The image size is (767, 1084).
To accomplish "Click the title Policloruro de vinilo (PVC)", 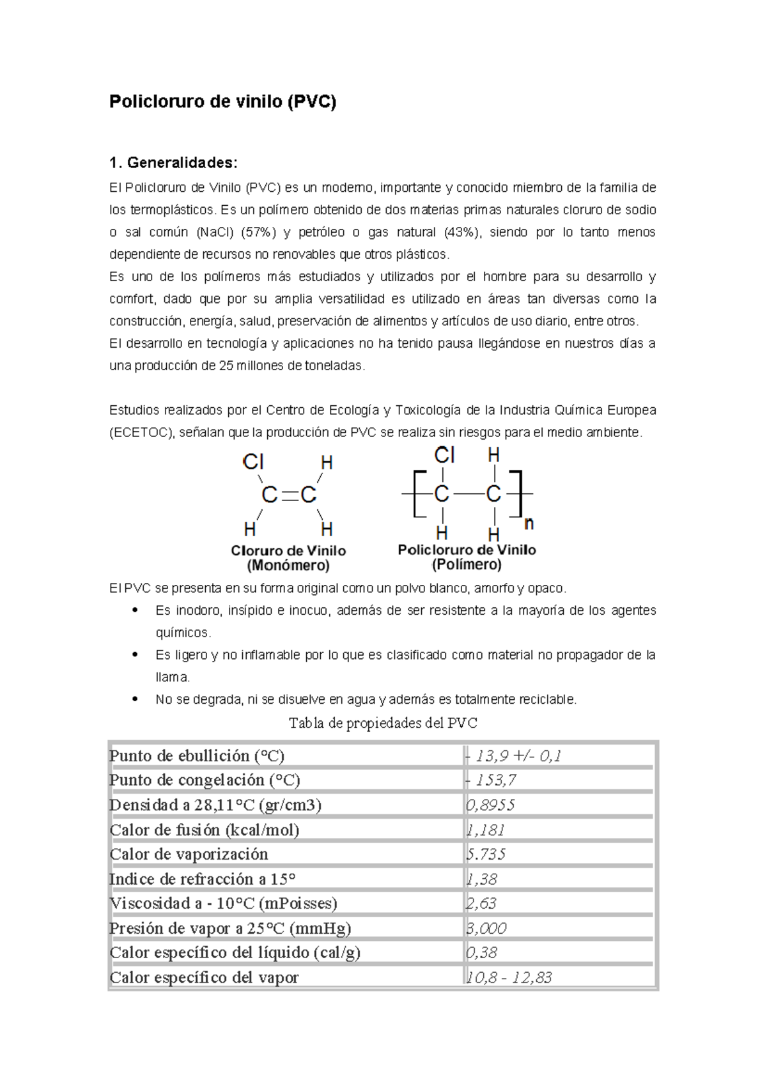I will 222,102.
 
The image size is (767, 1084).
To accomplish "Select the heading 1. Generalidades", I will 173,162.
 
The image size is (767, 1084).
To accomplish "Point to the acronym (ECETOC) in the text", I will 141,433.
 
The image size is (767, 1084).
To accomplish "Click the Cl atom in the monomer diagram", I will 253,461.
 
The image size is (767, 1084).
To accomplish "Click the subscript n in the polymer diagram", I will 529,524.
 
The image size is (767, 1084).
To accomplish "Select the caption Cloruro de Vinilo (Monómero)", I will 288,558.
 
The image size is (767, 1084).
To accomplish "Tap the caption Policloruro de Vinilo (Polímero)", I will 467,557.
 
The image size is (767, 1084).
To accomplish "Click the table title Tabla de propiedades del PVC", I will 383,723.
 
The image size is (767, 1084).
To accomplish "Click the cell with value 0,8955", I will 491,805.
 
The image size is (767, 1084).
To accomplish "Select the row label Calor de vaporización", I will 189,855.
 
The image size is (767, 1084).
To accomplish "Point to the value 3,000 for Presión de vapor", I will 487,928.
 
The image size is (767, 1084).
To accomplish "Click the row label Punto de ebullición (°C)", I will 197,756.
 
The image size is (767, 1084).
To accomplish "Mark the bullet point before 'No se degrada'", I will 135,699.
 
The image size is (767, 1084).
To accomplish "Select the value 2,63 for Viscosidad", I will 482,904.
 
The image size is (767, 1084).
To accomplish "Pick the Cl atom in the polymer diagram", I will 444,455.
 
